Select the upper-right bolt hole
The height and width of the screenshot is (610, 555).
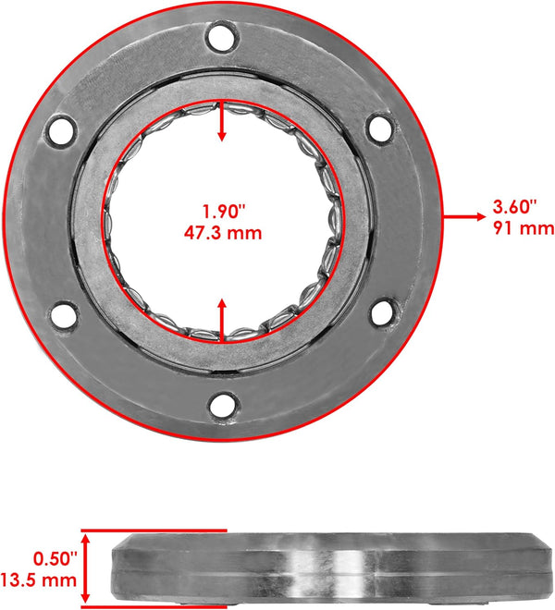point(380,128)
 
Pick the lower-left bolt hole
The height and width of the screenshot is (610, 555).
point(63,316)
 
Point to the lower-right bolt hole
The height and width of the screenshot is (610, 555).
point(382,311)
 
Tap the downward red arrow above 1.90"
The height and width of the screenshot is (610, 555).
point(222,125)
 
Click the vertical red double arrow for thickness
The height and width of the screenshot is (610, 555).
point(85,567)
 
